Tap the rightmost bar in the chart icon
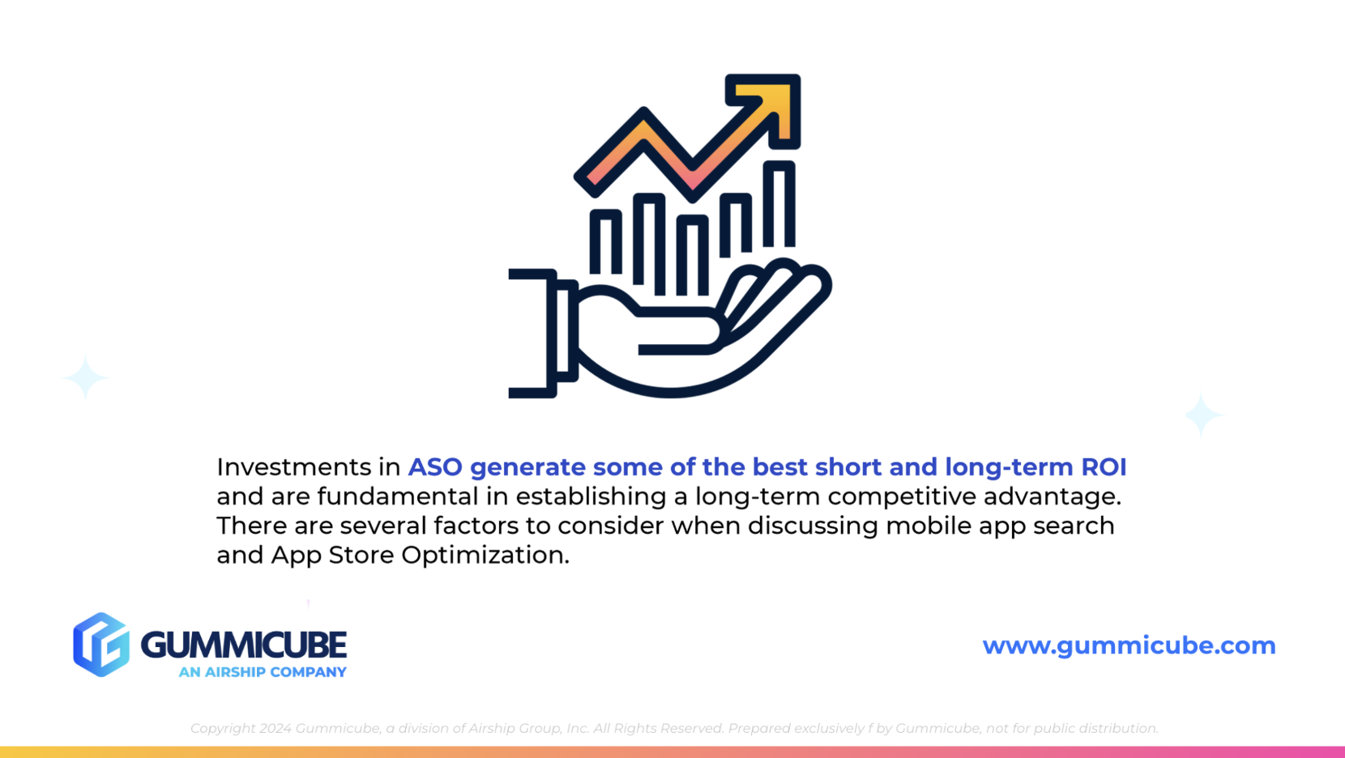tap(779, 204)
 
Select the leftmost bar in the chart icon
tap(605, 242)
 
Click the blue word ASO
tap(435, 467)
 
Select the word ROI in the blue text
tap(1104, 467)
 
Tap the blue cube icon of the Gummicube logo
tap(101, 645)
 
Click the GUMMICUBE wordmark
tap(244, 645)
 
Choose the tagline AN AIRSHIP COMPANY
tap(263, 672)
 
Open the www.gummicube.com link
tap(1129, 645)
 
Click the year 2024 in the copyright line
tap(275, 728)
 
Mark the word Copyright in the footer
tap(223, 728)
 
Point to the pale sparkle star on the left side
tap(85, 377)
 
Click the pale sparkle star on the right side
tap(1202, 415)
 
